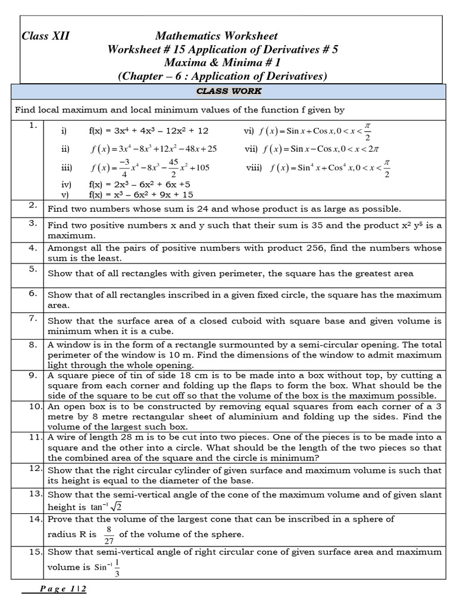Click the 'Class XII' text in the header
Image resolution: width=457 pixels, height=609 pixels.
[x=45, y=36]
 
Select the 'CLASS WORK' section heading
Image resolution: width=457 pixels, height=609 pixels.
[x=228, y=91]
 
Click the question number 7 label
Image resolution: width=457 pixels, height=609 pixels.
[x=33, y=319]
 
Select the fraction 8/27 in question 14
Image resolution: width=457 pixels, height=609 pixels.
[x=109, y=534]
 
